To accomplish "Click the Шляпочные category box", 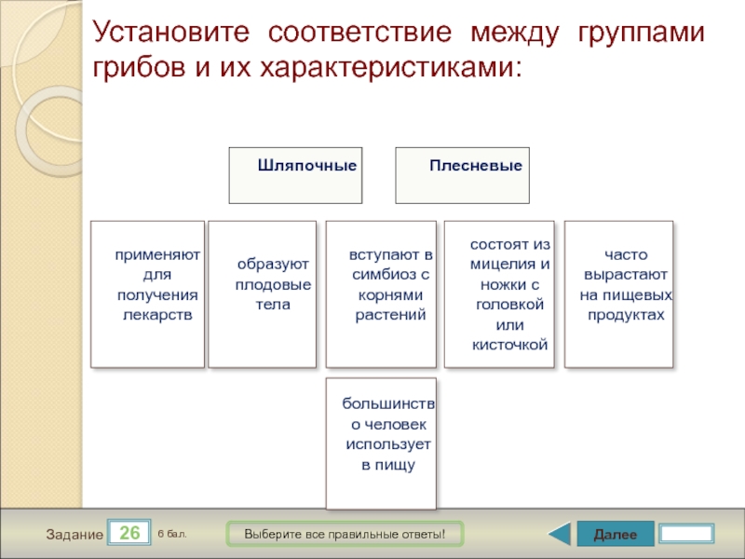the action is coord(295,175).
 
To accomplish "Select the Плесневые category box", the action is coord(462,175).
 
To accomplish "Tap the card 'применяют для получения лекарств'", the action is coord(147,294).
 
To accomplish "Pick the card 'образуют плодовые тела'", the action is coord(263,294).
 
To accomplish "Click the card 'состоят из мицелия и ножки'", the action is coord(499,294).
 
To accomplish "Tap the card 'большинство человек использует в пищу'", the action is coord(381,443).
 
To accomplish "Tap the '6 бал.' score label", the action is coord(172,533).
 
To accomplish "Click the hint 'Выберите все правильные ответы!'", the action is coord(345,534).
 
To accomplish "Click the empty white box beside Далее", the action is coord(686,534).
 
